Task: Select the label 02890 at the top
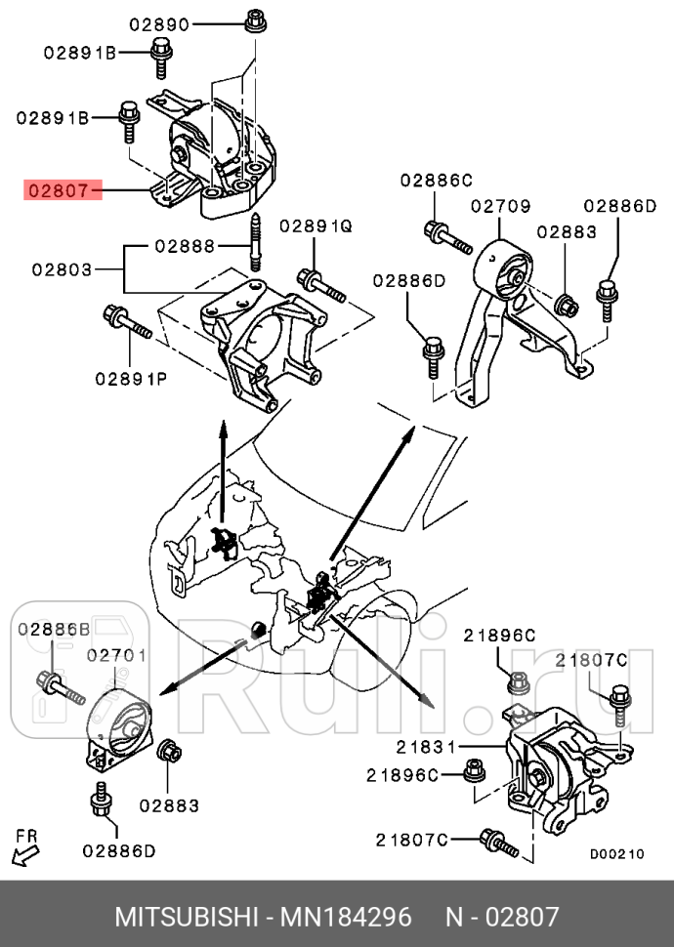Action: click(x=160, y=24)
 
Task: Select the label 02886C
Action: click(x=435, y=180)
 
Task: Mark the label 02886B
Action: click(x=53, y=629)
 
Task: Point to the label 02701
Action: click(x=117, y=655)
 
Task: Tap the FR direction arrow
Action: click(x=26, y=850)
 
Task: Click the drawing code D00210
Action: click(x=616, y=852)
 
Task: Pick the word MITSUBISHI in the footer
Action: click(x=185, y=917)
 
